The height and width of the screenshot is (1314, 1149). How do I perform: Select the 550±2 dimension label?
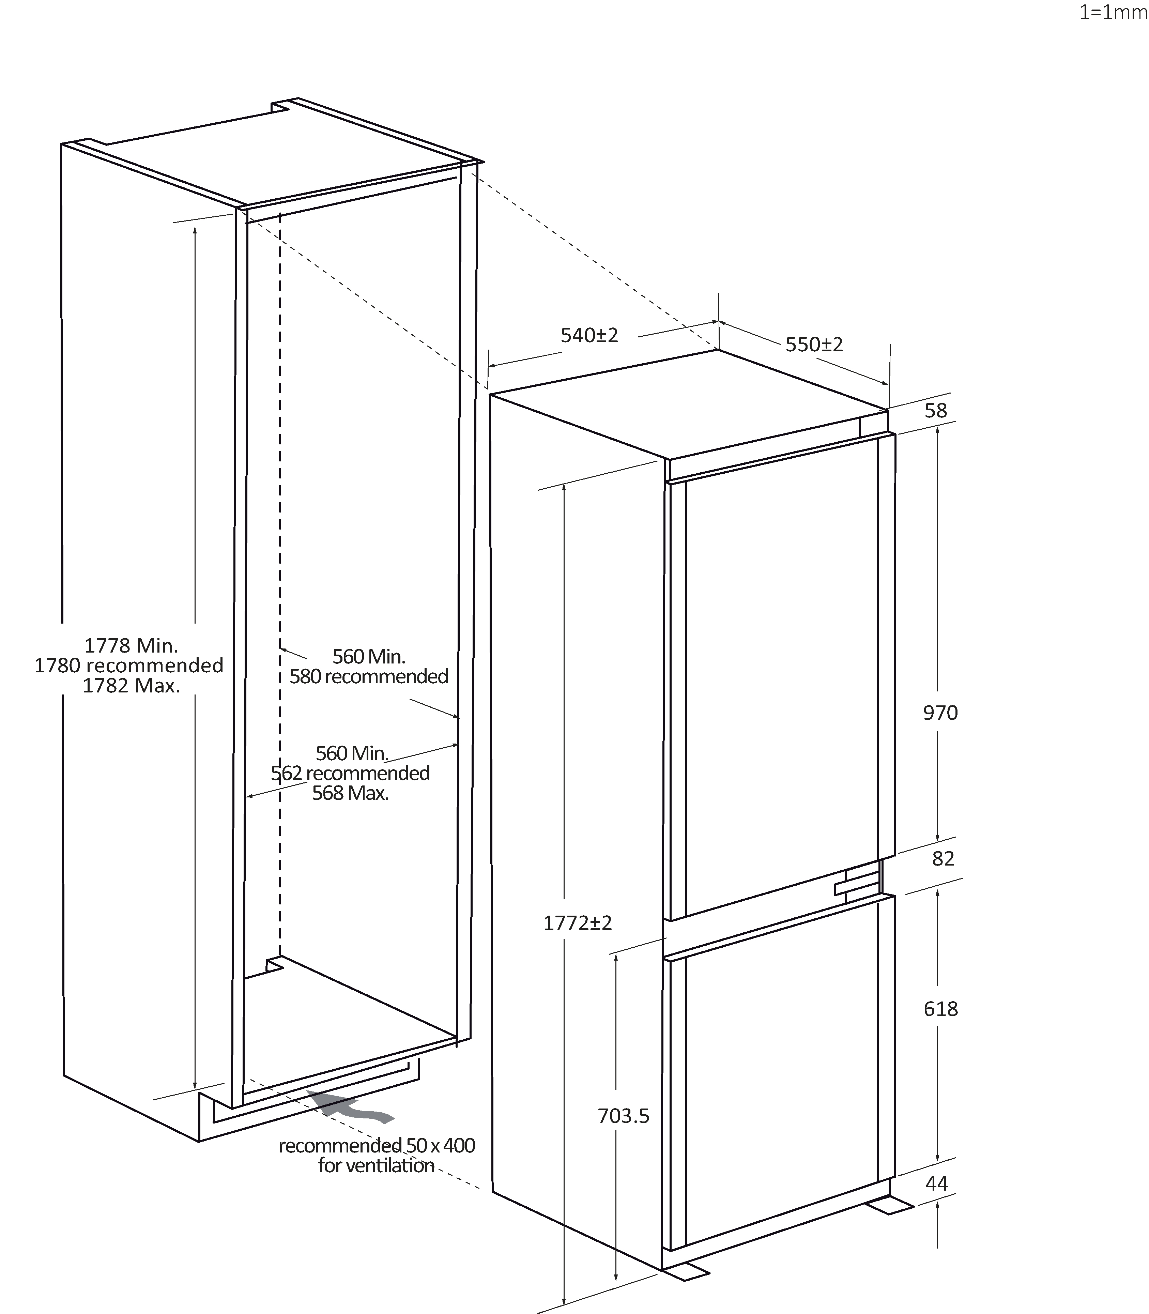(814, 345)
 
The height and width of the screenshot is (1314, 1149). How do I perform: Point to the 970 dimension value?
(940, 713)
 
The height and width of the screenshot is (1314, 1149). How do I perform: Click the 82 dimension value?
(943, 859)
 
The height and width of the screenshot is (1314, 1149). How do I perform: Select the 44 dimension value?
(937, 1183)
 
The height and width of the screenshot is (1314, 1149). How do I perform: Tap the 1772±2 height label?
(578, 923)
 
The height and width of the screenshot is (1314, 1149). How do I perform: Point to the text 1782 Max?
(132, 686)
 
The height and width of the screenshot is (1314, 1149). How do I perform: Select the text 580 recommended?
(369, 676)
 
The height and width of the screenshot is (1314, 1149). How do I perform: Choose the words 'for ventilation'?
(377, 1165)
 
